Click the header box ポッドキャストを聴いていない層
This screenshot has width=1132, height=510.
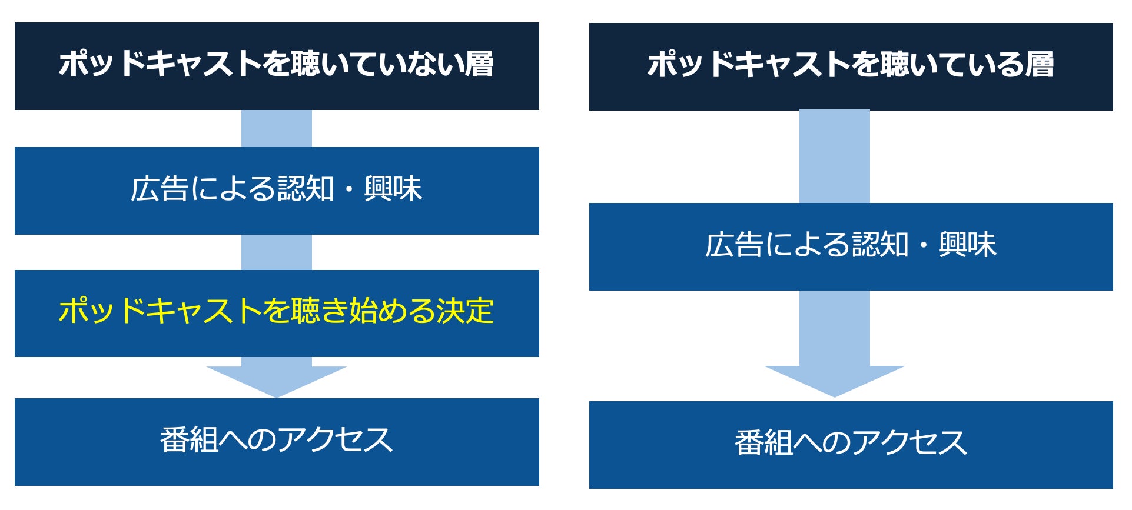(x=277, y=66)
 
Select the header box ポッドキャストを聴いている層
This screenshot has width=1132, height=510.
(x=851, y=66)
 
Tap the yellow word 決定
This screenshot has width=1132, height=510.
(x=464, y=311)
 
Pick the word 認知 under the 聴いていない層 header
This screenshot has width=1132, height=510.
(x=306, y=189)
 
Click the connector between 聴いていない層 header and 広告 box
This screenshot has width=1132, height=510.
(x=276, y=128)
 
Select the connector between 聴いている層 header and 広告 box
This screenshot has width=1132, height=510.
(x=834, y=156)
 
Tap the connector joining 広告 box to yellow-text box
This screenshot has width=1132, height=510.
(x=276, y=252)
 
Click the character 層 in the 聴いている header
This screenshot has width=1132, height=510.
(x=1039, y=65)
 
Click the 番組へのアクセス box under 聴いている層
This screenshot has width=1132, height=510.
(x=851, y=445)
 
